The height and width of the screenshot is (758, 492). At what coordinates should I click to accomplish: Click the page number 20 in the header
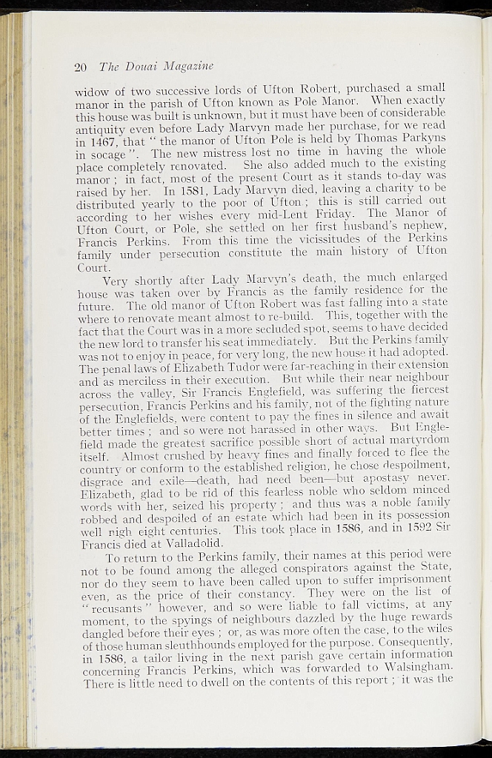[82, 67]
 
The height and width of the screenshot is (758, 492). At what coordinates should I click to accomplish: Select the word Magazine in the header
[184, 67]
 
